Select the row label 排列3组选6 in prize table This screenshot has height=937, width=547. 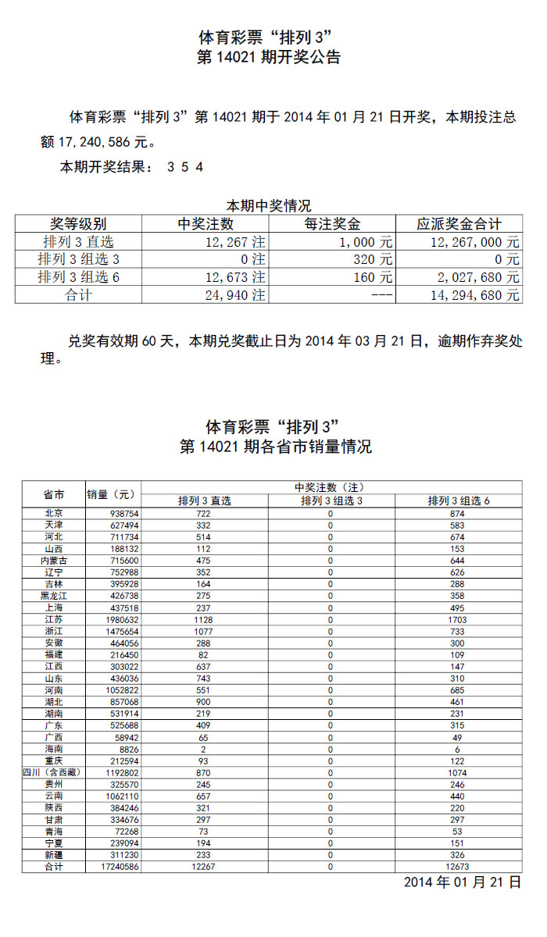(78, 277)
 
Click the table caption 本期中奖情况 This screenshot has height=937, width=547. (269, 206)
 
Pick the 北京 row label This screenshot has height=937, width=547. (54, 514)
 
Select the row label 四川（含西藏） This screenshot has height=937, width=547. (54, 773)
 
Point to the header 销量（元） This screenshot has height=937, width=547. (113, 495)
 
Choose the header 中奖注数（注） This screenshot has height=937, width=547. (332, 487)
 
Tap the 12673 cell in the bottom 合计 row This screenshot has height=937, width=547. (459, 868)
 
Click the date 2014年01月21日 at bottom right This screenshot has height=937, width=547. (462, 882)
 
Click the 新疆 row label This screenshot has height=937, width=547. (54, 856)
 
